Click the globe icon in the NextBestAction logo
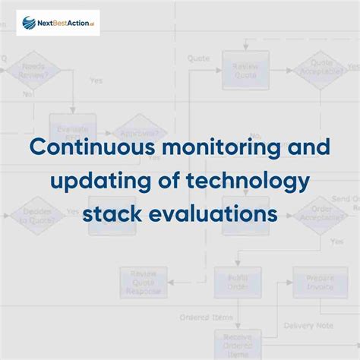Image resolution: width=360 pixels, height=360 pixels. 27,22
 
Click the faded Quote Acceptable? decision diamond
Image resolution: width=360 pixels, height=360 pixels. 320,69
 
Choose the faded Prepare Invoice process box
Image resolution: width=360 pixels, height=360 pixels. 319,283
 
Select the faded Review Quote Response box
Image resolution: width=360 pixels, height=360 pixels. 144,283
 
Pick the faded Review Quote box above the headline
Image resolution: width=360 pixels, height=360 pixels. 245,71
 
